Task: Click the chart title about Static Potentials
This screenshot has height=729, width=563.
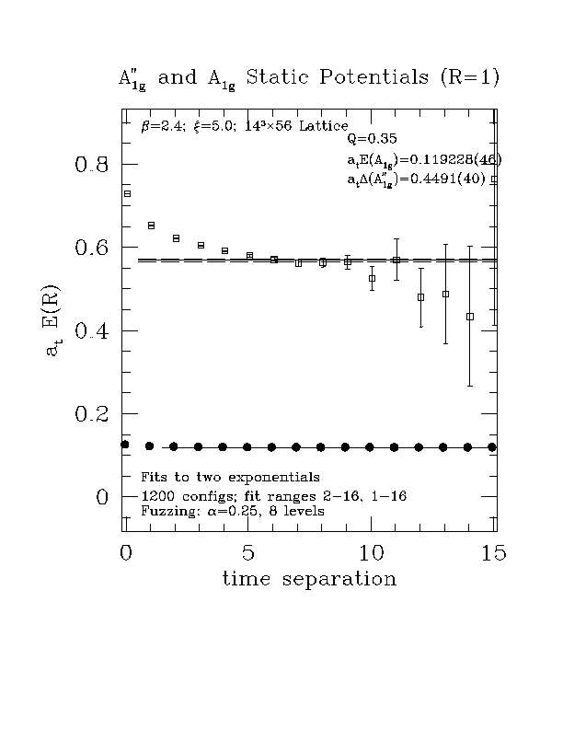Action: pos(309,78)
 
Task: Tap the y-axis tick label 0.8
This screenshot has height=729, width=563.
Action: pos(91,165)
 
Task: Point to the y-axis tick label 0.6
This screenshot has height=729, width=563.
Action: pos(91,248)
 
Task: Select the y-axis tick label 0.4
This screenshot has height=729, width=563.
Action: pos(91,331)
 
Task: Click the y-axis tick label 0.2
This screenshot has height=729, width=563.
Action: pos(91,414)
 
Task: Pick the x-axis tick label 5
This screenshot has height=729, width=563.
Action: pos(248,553)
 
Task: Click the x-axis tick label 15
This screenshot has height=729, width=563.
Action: pos(495,553)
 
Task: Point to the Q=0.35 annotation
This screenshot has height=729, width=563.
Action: pos(372,139)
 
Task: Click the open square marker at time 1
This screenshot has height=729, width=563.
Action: pos(152,226)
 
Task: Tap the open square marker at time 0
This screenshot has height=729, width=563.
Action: pos(127,194)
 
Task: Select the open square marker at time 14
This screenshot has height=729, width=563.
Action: pos(470,317)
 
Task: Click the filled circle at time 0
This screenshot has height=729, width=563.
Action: pos(125,445)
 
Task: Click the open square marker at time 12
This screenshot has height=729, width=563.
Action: pos(420,297)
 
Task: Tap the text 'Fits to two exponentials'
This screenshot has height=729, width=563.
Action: pos(229,478)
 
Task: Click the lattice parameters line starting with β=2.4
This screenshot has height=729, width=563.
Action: pos(245,126)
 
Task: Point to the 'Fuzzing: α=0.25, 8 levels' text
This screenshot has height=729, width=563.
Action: pos(232,510)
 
